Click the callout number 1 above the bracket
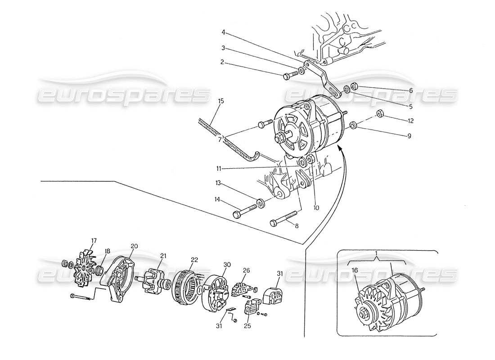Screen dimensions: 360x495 pyautogui.click(x=376, y=254)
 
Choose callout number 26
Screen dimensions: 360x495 pyautogui.click(x=246, y=270)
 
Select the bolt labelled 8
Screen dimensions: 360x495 pyautogui.click(x=281, y=220)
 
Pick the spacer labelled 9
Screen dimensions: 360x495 pyautogui.click(x=352, y=125)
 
